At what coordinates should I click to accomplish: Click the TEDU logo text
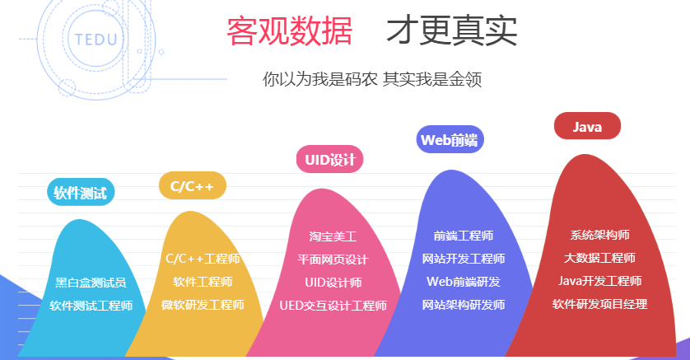point(96,40)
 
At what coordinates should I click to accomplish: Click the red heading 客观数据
point(290,30)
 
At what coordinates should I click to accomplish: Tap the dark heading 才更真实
point(451,30)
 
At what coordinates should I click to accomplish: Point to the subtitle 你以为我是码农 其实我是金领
point(372,79)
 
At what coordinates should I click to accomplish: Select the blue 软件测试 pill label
point(81,192)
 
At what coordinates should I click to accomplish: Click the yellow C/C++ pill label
point(193,185)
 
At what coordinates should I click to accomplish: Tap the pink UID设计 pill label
point(330,159)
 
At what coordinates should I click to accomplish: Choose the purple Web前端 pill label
point(450,139)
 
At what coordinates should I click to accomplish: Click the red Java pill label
point(587,126)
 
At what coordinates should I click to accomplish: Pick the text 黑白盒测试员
point(91,282)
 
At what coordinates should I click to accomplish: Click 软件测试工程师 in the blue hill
point(91,305)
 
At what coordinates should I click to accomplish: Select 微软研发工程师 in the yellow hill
point(203,305)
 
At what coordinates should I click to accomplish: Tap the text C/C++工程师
point(203,259)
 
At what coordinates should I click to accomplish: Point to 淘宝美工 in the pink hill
point(333,236)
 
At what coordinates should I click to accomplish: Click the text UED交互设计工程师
point(333,305)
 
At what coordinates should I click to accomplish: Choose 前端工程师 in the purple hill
point(464,236)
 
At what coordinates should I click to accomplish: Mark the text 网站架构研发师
point(464,305)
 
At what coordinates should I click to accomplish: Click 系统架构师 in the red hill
point(599,235)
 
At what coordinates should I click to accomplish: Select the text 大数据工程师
point(599,258)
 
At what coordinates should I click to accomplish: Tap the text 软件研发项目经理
point(599,304)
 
